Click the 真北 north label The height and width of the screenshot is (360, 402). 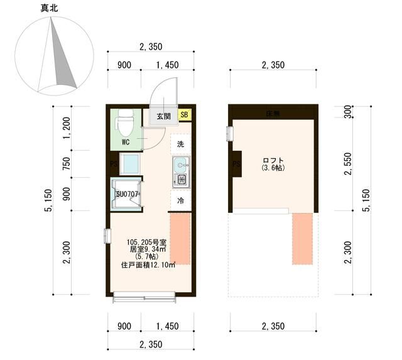coord(51,8)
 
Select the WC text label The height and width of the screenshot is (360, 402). coord(126,142)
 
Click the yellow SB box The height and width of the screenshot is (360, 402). coord(185,115)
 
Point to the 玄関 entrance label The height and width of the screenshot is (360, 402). coord(163,116)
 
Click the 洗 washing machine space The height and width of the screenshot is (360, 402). coord(180,144)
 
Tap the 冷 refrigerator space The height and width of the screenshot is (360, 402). coord(180,201)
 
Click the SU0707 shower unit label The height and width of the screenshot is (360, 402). coord(127,194)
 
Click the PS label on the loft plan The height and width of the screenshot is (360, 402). coord(236,165)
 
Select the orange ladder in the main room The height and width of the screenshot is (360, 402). coord(180,239)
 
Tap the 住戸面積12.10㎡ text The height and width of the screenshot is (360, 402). coord(148,265)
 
